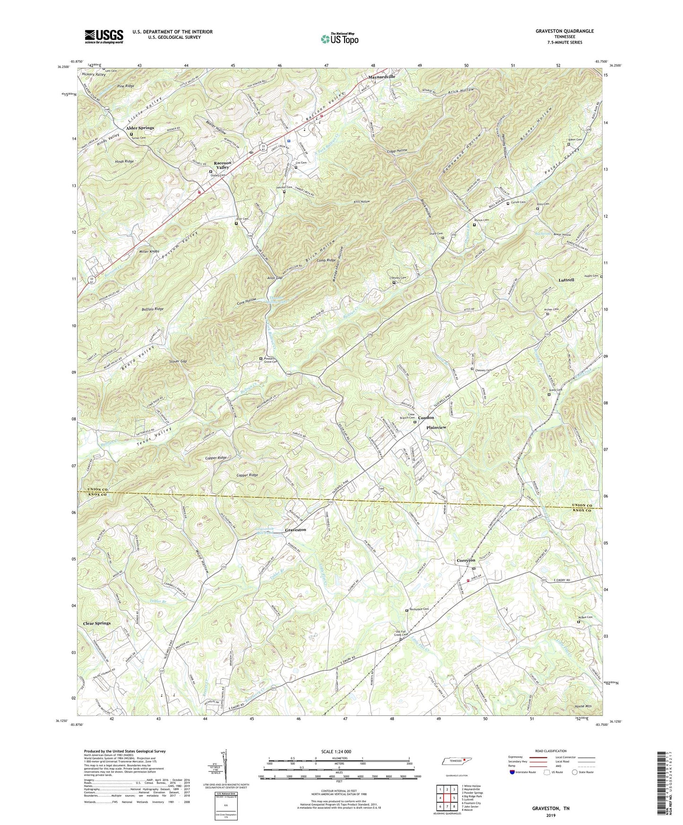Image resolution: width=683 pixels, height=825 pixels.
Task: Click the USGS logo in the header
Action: point(104,36)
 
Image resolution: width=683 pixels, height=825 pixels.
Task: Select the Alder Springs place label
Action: point(140,128)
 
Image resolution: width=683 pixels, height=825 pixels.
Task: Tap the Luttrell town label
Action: point(566,280)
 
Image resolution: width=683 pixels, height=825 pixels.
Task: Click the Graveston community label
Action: point(295,530)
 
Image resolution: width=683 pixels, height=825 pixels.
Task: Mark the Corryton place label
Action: point(466,560)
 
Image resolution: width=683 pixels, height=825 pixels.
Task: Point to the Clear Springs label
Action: point(97,623)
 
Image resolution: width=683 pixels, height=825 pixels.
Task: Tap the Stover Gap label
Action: point(178,361)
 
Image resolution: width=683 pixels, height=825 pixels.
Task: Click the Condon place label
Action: point(426,418)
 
